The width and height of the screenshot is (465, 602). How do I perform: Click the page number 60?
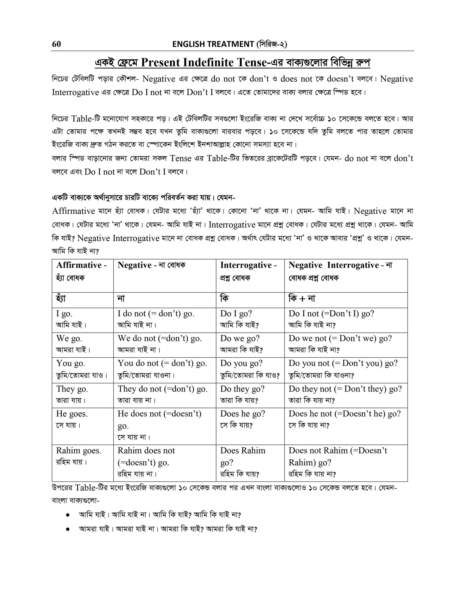[x=56, y=44]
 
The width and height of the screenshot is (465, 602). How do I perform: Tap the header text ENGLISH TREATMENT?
[x=213, y=44]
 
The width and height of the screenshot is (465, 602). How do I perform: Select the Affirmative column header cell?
[x=83, y=271]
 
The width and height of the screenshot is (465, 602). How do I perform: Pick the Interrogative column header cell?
[x=250, y=271]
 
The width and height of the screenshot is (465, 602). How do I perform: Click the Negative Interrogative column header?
[x=346, y=271]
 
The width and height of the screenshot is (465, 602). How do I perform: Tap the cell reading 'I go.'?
[x=83, y=320]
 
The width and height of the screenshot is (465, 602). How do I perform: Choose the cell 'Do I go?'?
[x=250, y=320]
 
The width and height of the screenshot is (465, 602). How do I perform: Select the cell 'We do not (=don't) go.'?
[x=164, y=345]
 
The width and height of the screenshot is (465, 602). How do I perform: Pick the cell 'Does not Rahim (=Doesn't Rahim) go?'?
[x=346, y=462]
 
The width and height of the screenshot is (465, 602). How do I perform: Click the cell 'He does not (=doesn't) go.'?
[x=164, y=426]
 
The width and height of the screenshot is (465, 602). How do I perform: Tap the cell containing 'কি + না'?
[x=346, y=300]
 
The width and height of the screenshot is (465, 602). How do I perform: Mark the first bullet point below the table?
[x=67, y=515]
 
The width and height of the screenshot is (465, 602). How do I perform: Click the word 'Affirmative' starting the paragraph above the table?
[x=74, y=211]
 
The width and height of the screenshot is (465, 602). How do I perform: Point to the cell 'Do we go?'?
[x=250, y=345]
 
